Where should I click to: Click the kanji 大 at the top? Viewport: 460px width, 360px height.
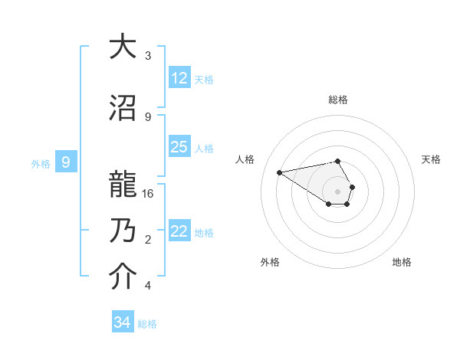(x=122, y=47)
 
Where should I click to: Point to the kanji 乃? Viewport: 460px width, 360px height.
(x=122, y=231)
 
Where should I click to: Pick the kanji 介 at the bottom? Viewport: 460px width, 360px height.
(x=122, y=277)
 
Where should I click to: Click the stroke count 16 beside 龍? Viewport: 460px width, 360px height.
(x=149, y=194)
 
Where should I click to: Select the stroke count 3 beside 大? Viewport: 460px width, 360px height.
(x=148, y=56)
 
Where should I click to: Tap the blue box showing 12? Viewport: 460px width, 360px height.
(x=179, y=78)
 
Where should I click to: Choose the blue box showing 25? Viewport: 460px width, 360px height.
(x=179, y=147)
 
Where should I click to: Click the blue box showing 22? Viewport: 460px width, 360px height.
(x=179, y=231)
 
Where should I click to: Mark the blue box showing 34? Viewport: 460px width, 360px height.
(x=122, y=322)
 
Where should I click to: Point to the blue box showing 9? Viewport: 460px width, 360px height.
(x=66, y=162)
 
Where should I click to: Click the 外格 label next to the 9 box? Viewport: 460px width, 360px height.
(x=41, y=163)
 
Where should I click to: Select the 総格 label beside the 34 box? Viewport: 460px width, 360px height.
(x=147, y=324)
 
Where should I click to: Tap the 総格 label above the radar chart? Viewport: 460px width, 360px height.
(x=338, y=100)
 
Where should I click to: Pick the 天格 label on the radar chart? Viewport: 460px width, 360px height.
(x=431, y=159)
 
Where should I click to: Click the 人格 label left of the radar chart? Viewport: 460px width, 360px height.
(x=245, y=159)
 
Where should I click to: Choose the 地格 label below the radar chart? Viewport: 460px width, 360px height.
(x=402, y=262)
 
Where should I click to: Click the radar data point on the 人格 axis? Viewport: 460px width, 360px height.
(x=280, y=172)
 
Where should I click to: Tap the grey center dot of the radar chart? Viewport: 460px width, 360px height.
(x=337, y=191)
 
